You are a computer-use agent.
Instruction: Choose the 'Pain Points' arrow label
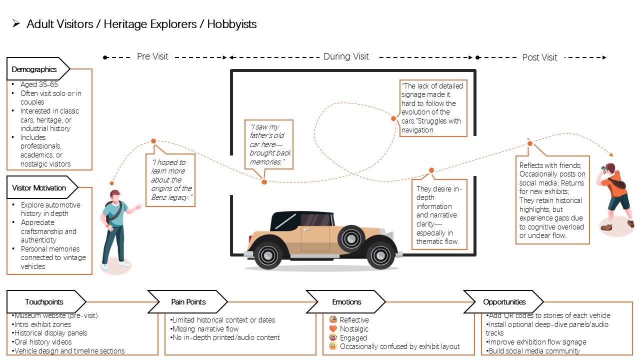coord(188,301)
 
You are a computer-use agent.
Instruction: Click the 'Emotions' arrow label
coord(346,301)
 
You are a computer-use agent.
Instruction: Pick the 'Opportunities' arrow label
coord(504,301)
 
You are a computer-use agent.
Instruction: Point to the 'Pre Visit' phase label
coord(152,56)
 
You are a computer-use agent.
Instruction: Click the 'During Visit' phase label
coord(346,56)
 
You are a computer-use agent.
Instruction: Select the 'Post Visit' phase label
coord(539,57)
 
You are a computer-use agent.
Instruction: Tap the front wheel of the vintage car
coord(380,254)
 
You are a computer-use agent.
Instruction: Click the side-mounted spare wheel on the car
coord(351,238)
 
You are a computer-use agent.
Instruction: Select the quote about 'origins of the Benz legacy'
coord(171,179)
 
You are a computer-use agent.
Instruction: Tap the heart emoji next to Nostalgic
coord(333,328)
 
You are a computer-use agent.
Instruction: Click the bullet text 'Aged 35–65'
coord(39,84)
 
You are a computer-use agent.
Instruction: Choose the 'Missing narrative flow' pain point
coord(204,329)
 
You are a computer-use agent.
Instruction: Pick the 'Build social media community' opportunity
coord(533,351)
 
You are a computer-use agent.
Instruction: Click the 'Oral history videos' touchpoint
coord(41,342)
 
